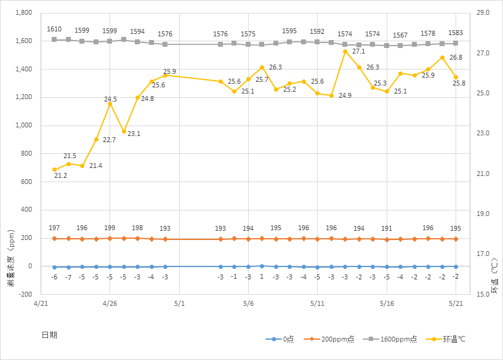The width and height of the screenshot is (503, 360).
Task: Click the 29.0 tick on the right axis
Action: (483, 13)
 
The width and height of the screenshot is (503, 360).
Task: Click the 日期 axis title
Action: (49, 335)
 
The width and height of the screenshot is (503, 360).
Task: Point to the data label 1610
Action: (54, 30)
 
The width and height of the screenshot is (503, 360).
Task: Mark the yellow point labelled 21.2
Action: (54, 170)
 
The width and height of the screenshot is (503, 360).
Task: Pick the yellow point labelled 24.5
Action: (110, 104)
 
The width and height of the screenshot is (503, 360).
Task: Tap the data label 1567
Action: (400, 35)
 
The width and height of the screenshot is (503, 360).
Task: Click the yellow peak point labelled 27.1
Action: (345, 51)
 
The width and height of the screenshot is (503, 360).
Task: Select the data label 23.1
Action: (134, 134)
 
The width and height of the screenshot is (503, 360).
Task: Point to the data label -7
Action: (68, 278)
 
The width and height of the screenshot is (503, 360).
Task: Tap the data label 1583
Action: (456, 33)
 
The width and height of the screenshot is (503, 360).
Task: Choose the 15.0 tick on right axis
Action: (483, 294)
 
